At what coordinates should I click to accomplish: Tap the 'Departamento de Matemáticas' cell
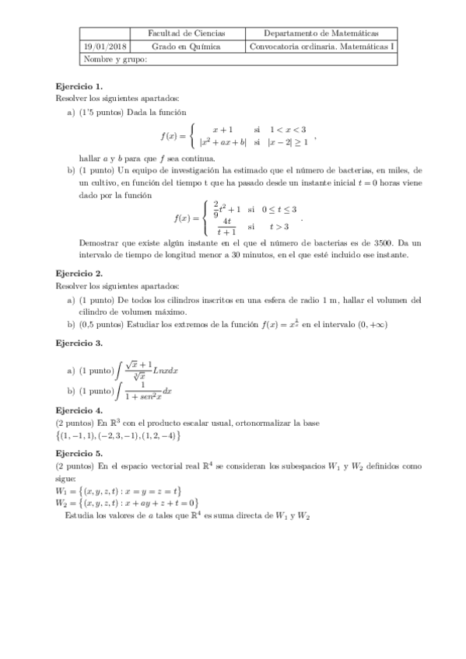(x=321, y=34)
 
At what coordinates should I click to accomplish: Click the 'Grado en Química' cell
(x=186, y=47)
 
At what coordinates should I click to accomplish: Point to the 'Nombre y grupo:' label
(x=114, y=59)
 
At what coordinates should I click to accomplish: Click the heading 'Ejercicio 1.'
(x=79, y=86)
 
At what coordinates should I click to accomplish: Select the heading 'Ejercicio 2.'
(x=79, y=274)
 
